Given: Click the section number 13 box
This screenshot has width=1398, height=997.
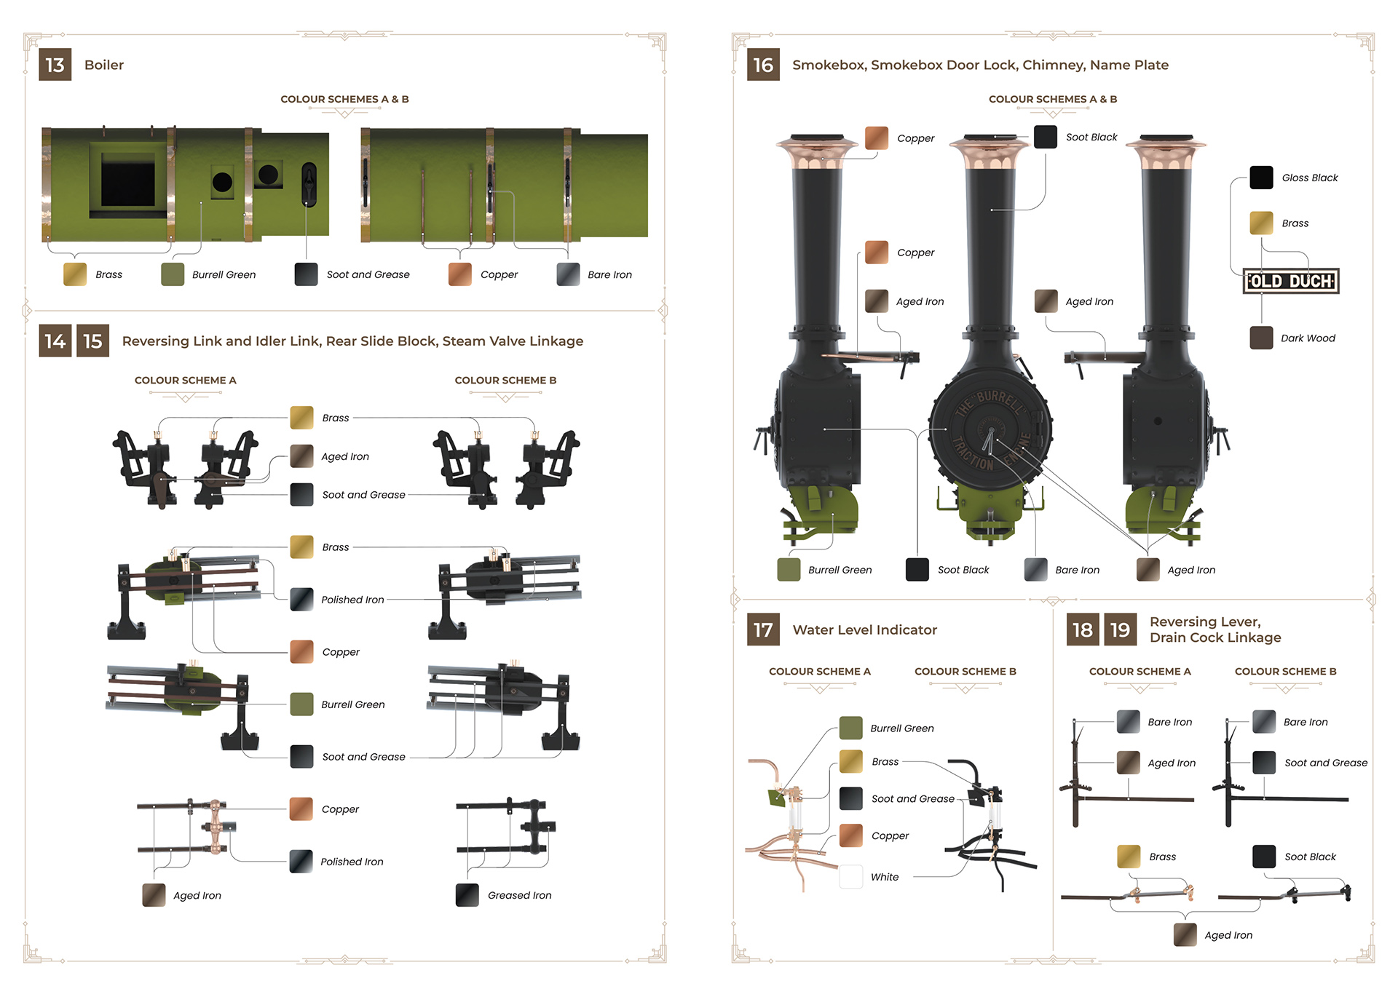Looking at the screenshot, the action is point(55,65).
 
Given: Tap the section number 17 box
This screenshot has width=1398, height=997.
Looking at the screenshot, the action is point(763,629).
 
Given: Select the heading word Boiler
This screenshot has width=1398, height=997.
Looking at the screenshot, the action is point(104,65).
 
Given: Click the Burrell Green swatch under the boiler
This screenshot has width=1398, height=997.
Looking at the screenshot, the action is point(173,274).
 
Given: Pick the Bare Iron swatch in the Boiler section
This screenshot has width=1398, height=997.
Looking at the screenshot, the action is point(568,274).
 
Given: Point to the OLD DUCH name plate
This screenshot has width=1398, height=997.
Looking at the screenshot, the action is point(1291,281).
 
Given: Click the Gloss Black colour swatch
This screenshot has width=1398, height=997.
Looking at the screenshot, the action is point(1261,178).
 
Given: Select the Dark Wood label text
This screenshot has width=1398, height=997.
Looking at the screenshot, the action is point(1308,338).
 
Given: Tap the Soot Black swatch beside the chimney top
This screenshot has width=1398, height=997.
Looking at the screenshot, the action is point(1046,137).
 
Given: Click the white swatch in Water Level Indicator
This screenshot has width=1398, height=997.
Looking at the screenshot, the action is point(851,877).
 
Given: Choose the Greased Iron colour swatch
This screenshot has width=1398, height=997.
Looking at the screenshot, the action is point(467,895).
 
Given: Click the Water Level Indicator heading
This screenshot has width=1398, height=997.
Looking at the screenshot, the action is point(864,630).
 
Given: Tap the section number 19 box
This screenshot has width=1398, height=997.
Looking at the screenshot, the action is point(1120,629).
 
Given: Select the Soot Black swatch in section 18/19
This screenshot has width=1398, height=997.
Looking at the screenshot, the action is point(1264,857).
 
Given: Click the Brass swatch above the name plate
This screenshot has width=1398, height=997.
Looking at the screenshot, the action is point(1261,223).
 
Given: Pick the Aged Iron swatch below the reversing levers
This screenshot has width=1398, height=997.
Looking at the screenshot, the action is point(1185,935).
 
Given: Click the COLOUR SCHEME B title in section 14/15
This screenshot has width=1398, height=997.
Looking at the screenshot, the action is point(505,381).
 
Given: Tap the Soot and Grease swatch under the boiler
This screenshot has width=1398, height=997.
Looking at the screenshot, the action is point(307,274).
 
